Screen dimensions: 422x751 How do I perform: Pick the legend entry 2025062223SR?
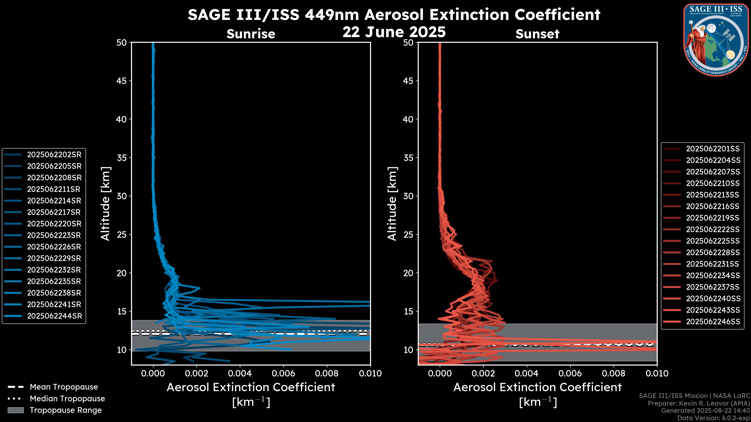(54, 235)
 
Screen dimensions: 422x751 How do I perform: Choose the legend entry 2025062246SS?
(713, 322)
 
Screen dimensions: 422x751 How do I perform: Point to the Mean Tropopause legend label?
(64, 387)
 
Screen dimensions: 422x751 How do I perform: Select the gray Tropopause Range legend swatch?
(15, 410)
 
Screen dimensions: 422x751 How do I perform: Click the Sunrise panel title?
(251, 34)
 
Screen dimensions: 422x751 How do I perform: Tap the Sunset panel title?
(537, 34)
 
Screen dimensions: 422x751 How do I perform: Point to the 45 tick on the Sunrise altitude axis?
(122, 81)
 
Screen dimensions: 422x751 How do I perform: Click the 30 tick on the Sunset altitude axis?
(408, 196)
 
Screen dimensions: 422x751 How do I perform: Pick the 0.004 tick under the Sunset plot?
(526, 373)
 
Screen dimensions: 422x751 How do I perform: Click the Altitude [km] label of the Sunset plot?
(392, 204)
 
